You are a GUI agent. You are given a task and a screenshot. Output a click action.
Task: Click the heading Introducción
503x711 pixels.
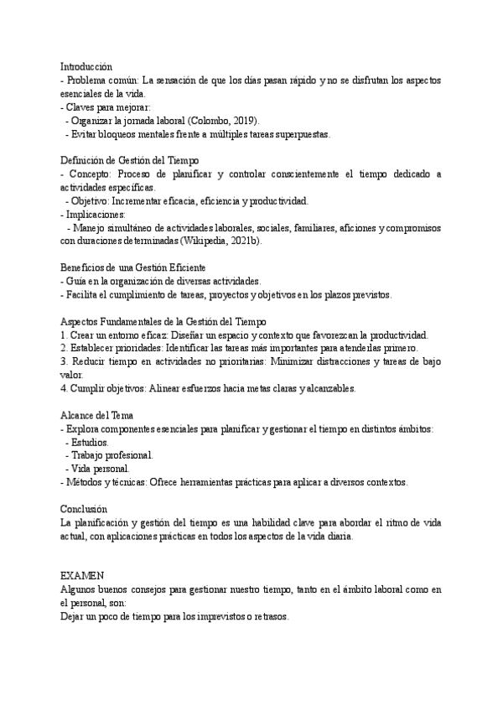(x=86, y=65)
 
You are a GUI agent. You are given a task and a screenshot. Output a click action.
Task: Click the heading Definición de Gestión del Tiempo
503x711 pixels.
(x=129, y=160)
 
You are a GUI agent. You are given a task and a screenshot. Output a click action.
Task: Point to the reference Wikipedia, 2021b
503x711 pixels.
(x=222, y=241)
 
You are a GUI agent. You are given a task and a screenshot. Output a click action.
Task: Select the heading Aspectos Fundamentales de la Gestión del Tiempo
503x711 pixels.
(x=163, y=320)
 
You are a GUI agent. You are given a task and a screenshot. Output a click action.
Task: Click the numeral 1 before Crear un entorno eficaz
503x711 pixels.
(x=63, y=335)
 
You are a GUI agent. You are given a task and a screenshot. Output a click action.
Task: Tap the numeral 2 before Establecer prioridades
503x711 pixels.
(x=63, y=348)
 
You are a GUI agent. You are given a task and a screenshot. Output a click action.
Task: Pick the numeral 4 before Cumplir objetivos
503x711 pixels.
(x=63, y=388)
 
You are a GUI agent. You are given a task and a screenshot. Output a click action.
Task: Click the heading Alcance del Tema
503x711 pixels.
(x=96, y=415)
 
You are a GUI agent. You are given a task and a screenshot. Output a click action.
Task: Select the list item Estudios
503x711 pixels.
(x=90, y=442)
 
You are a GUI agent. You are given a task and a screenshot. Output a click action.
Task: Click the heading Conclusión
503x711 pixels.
(x=83, y=509)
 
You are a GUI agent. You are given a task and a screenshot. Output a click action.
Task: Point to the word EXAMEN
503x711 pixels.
(x=82, y=576)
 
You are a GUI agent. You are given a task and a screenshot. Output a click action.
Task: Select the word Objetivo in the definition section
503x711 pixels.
(x=89, y=200)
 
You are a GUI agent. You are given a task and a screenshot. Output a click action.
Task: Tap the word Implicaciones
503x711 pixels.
(x=97, y=214)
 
